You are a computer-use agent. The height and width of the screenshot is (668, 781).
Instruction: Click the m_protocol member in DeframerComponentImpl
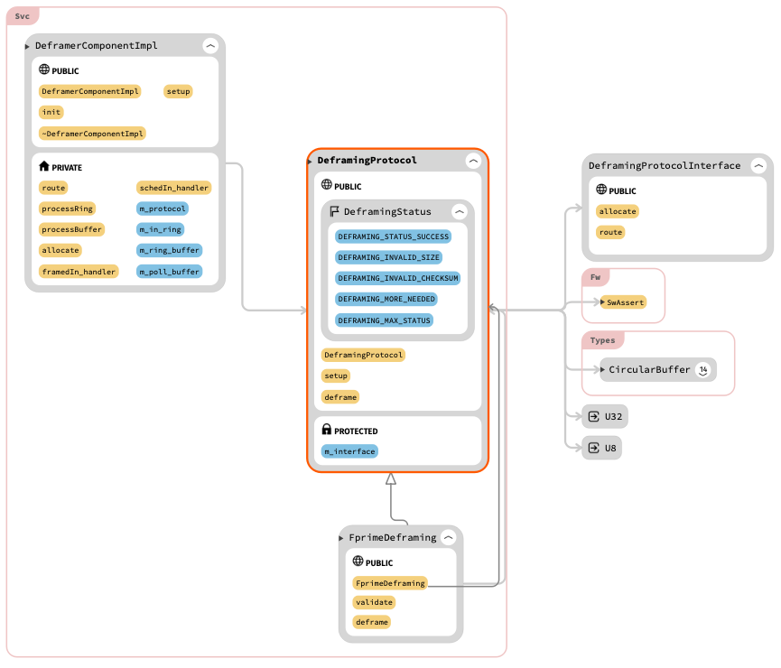(x=163, y=209)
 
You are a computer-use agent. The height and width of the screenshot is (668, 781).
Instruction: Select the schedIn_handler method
(x=174, y=188)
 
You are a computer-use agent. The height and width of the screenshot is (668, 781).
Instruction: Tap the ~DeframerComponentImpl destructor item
(x=92, y=134)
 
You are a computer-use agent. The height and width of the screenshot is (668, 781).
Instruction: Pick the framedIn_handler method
(x=79, y=272)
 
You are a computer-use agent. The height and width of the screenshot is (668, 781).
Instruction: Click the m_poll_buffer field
(x=170, y=272)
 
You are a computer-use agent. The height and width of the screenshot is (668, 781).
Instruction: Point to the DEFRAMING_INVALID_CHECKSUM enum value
(x=397, y=278)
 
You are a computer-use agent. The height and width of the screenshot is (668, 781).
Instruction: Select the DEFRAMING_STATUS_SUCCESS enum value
(x=393, y=237)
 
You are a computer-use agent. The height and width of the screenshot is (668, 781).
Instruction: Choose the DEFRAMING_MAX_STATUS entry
(x=384, y=320)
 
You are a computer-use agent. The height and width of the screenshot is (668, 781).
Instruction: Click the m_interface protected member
(x=349, y=451)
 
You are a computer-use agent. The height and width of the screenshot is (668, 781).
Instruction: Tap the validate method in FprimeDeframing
(x=374, y=602)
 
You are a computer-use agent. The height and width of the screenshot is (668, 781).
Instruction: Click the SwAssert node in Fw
(x=625, y=302)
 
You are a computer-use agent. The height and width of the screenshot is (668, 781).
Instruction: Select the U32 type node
(x=603, y=417)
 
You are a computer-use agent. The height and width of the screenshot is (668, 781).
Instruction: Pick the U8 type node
(x=601, y=448)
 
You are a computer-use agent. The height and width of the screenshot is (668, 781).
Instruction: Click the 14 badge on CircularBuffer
(x=703, y=369)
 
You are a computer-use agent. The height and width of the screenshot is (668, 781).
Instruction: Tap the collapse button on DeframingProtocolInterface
(x=758, y=166)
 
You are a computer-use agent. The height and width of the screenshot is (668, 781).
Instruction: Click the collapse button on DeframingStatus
(x=459, y=211)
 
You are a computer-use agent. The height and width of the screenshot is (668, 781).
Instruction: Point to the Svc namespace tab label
(x=22, y=16)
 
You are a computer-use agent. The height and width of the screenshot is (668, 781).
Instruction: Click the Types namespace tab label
(x=602, y=340)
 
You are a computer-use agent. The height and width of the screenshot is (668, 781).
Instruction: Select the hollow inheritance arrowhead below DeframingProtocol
(x=391, y=479)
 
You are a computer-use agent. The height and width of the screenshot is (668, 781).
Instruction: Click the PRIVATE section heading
(x=66, y=167)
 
